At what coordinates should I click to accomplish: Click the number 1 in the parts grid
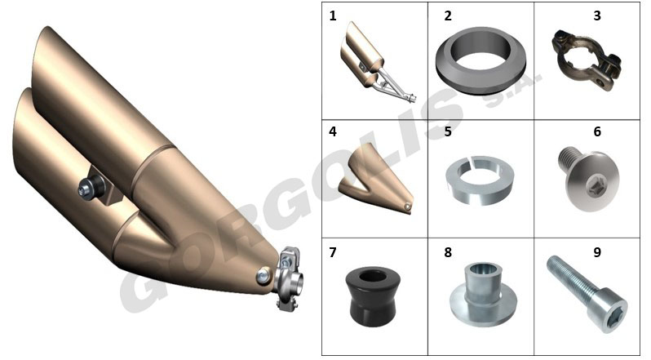[333, 16]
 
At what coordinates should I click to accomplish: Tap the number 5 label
[448, 131]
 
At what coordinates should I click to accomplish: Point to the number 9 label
[597, 252]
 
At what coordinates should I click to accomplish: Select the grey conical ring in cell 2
[480, 61]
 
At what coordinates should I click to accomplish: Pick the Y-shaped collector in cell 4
[376, 180]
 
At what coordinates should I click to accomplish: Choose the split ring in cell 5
[480, 180]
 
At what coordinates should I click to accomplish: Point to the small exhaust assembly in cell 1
[376, 62]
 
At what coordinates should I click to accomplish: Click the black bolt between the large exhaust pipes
[91, 188]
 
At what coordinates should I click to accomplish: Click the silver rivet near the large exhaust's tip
[263, 275]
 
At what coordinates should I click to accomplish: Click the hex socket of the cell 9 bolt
[612, 318]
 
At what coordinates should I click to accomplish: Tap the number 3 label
[597, 16]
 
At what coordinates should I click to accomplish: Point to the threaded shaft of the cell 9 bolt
[572, 278]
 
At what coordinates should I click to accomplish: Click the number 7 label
[333, 252]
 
